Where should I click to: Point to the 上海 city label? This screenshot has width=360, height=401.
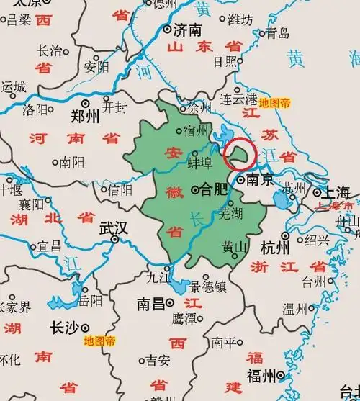pos(336,193)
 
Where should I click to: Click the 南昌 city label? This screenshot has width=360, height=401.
pos(152,305)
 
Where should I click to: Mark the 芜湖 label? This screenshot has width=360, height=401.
pos(230,213)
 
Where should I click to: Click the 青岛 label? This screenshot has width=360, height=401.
pos(277,32)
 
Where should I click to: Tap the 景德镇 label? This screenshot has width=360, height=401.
pos(208,287)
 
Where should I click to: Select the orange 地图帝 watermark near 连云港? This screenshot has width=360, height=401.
pos(275,103)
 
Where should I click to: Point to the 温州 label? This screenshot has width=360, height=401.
pos(294,310)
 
